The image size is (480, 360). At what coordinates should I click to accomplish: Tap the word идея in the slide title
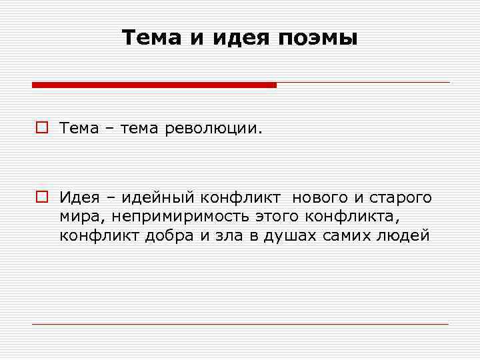click(x=237, y=39)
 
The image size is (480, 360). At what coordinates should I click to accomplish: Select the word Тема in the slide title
click(x=153, y=38)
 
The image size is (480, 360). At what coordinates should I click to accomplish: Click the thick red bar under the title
click(x=154, y=85)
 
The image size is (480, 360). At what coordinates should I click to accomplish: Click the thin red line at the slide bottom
click(x=240, y=324)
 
